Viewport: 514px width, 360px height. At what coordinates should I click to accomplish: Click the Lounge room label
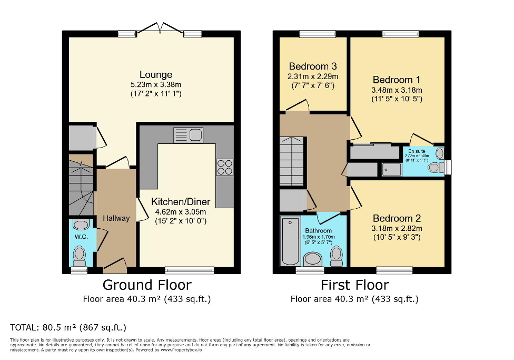pos(155,74)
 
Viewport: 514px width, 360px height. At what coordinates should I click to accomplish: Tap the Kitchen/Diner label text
pos(181,202)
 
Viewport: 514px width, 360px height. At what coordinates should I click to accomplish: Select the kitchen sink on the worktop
pos(188,135)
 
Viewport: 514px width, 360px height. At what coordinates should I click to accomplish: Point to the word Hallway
pos(116,218)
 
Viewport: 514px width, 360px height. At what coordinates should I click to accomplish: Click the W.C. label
pos(81,237)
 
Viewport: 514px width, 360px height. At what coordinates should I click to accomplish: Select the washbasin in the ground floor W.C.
pos(81,225)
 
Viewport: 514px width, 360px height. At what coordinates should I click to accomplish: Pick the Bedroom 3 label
pos(312,66)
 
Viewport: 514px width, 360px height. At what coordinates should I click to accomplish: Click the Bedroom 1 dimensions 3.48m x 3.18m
pos(396,90)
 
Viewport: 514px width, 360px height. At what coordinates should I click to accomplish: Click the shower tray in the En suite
pos(391,169)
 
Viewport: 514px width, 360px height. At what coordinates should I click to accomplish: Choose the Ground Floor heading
pos(146,285)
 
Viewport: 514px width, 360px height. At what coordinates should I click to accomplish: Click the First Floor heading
pos(354,285)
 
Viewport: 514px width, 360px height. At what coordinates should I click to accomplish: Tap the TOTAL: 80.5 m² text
pos(68,327)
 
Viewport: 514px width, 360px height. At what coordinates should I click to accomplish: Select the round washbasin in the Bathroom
pos(314,258)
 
